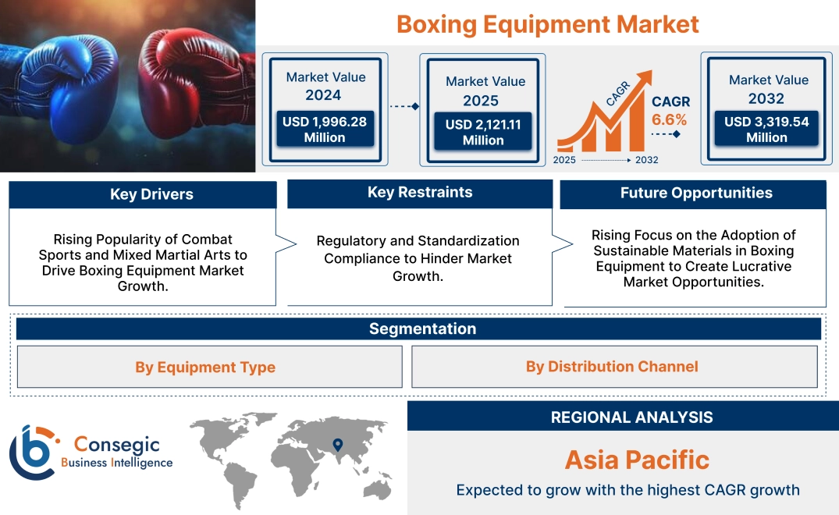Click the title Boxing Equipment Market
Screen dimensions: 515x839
(547, 23)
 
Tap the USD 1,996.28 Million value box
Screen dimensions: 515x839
(325, 130)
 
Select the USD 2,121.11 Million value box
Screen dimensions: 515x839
(483, 133)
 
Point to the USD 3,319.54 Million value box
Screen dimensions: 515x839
(766, 130)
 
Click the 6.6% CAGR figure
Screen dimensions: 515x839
(670, 119)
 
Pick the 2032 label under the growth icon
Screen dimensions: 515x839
(645, 160)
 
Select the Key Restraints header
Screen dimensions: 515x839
(420, 193)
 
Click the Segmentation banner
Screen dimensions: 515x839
(422, 329)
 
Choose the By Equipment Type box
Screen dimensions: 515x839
(205, 367)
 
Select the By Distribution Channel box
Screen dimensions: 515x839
(612, 366)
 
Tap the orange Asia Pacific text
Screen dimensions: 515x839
(637, 460)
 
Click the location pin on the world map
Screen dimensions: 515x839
(338, 446)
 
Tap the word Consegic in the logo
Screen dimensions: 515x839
(117, 446)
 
